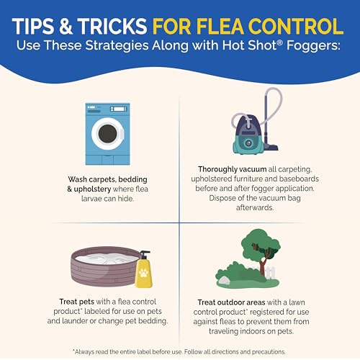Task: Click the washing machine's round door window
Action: [x=108, y=134]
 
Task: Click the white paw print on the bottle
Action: [x=143, y=273]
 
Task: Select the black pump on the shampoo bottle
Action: [x=145, y=254]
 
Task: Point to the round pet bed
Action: [x=105, y=266]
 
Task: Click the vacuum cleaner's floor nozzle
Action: [x=271, y=146]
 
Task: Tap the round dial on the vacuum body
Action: [x=248, y=143]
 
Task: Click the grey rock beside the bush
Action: [x=224, y=281]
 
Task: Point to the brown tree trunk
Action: [x=263, y=264]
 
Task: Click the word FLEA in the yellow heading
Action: [x=220, y=27]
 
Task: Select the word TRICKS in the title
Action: [x=112, y=27]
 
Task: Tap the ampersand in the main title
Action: [x=66, y=27]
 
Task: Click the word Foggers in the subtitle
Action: [x=313, y=45]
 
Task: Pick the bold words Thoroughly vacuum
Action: [x=232, y=169]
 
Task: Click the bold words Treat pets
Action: [x=76, y=302]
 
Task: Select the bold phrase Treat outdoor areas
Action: [x=231, y=302]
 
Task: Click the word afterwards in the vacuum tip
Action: [x=255, y=207]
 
